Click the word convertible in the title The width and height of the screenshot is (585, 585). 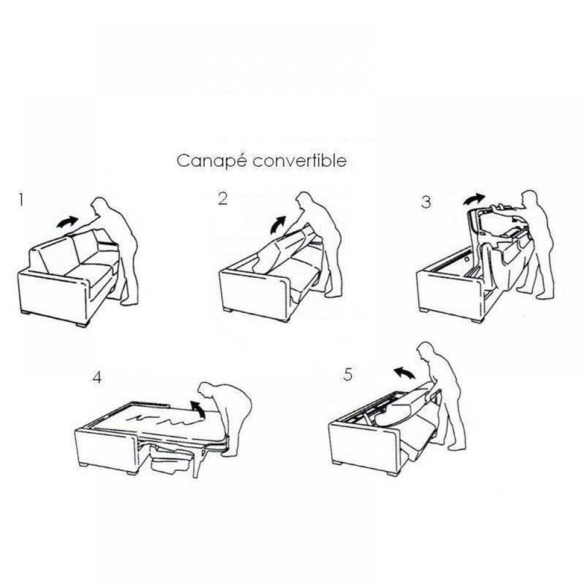[299, 161]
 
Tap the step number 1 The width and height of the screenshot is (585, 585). [21, 200]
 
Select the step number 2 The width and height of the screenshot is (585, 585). [222, 199]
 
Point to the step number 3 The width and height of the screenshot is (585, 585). [426, 202]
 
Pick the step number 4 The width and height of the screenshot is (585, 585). [97, 378]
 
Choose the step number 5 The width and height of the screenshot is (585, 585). [348, 374]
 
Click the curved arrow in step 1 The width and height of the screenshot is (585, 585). [67, 222]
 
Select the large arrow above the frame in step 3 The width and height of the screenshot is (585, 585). [474, 199]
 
